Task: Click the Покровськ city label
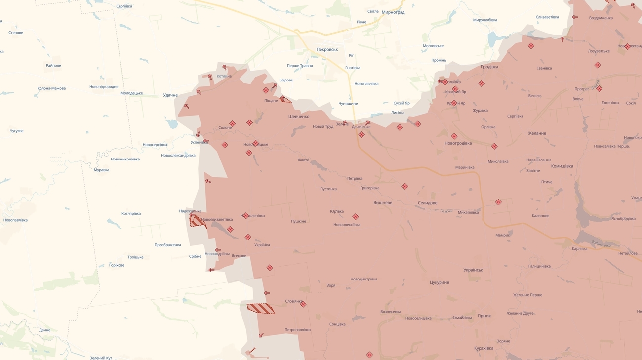(x=327, y=49)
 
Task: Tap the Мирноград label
(x=393, y=12)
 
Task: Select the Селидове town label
(x=427, y=203)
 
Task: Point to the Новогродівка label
(x=458, y=143)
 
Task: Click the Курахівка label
(x=483, y=348)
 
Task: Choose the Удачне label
(x=170, y=95)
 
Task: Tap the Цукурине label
(x=439, y=282)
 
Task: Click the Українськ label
(x=473, y=270)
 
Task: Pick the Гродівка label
(x=489, y=67)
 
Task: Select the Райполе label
(x=53, y=66)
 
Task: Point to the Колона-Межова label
(x=51, y=88)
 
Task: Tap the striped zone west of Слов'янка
(x=261, y=309)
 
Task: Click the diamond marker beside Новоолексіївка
(x=355, y=217)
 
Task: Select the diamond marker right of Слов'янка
(x=303, y=304)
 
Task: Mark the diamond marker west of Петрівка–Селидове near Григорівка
(x=404, y=186)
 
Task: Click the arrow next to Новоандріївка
(x=218, y=250)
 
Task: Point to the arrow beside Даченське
(x=367, y=123)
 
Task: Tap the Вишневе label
(x=383, y=203)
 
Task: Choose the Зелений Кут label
(x=101, y=358)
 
